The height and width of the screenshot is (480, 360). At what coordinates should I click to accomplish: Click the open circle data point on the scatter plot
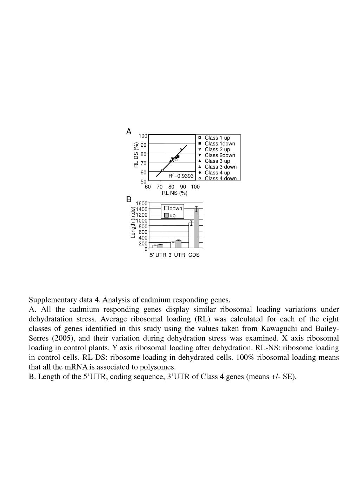click(162, 170)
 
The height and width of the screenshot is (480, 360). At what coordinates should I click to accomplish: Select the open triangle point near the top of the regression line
click(181, 149)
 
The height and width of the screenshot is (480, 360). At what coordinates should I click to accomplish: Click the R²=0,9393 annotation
click(181, 175)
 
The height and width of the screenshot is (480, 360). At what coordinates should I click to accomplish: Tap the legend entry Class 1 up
click(217, 138)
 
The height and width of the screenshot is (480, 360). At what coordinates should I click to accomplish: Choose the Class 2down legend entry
click(220, 155)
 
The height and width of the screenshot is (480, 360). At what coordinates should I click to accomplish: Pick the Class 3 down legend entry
click(220, 167)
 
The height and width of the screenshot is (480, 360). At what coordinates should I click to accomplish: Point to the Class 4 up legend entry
click(217, 173)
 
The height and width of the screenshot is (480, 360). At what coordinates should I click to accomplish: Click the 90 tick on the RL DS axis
click(143, 145)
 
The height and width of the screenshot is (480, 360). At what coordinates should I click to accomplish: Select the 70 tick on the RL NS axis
click(160, 187)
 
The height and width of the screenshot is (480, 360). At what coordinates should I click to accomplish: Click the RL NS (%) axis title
click(174, 193)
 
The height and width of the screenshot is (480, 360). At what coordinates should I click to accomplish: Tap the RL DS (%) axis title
click(136, 155)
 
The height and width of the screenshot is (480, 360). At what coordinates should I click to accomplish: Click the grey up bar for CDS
click(197, 229)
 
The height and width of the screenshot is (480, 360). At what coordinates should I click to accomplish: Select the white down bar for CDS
click(191, 236)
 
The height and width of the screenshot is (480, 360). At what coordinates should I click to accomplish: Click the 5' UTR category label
click(158, 255)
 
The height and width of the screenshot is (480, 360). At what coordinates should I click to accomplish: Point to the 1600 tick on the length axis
click(142, 204)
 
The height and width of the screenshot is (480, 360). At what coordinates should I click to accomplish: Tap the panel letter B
click(129, 199)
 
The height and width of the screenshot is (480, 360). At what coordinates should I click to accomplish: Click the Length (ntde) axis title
click(133, 223)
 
